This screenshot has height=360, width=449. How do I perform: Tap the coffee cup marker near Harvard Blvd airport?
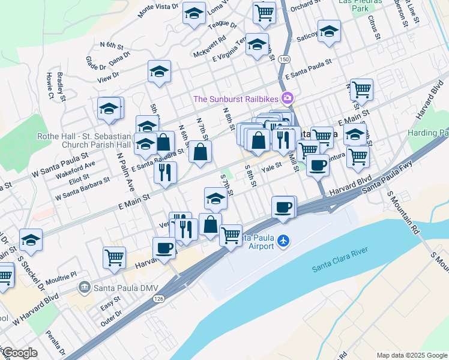(x=283, y=207)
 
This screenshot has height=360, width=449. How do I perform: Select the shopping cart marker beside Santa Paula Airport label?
(x=231, y=235)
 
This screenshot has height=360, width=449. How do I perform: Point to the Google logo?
(x=19, y=353)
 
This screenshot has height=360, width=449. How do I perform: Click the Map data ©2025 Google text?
(x=411, y=355)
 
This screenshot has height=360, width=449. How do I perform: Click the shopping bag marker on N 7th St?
(x=200, y=151)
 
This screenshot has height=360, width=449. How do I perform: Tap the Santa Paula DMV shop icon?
(x=85, y=287)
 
